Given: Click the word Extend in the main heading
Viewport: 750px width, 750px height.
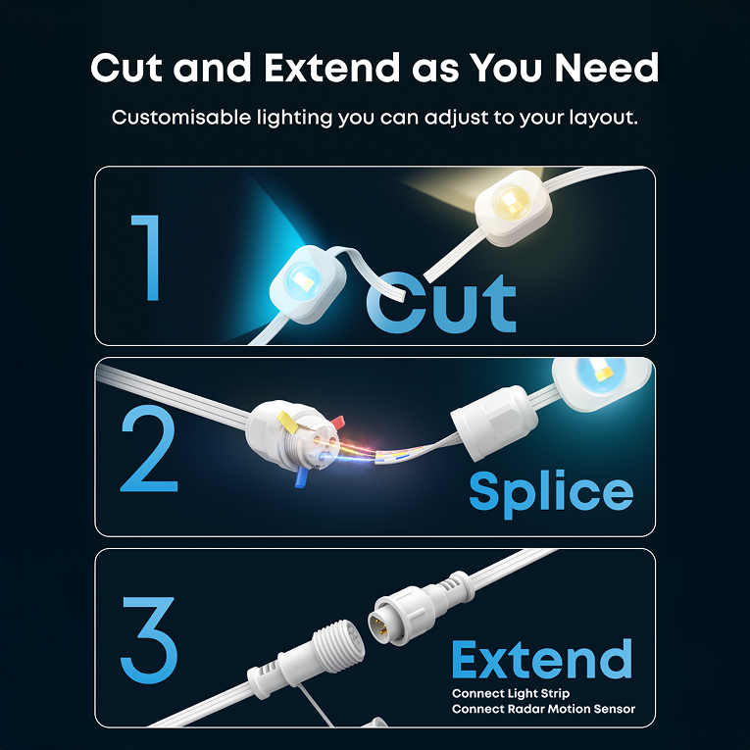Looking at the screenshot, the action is click(332, 68).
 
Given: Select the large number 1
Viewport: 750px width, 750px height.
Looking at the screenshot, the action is click(148, 258).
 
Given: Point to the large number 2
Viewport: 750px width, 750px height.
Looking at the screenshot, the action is click(149, 449).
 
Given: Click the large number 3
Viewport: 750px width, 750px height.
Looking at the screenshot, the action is click(149, 639).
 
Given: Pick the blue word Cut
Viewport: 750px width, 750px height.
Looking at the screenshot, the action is click(441, 303).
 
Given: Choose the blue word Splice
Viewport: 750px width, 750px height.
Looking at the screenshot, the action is click(551, 493).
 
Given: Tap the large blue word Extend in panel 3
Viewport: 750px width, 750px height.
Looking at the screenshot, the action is click(542, 659).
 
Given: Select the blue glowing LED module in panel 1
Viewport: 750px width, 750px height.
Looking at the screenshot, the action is click(308, 284).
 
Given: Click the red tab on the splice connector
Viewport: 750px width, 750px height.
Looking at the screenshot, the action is click(336, 422).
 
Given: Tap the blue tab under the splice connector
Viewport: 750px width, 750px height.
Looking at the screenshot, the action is click(301, 476).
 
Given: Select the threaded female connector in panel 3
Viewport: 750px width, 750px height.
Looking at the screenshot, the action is click(306, 654).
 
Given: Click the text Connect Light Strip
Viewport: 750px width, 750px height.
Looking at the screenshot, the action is click(511, 693).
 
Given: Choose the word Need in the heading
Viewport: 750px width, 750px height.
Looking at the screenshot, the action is click(607, 68).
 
